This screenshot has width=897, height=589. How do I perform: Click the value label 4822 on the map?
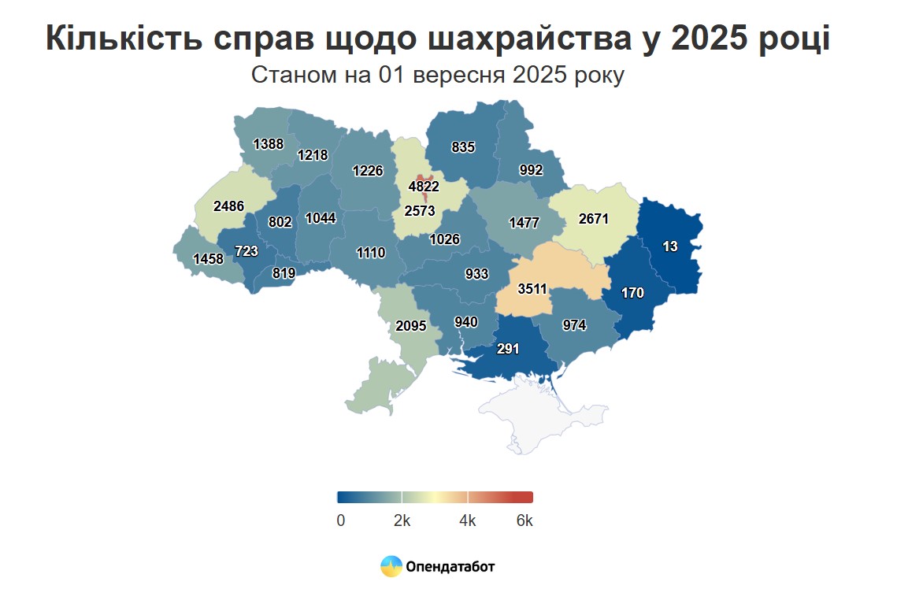[x=424, y=187]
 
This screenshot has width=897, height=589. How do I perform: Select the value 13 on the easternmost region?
[x=669, y=246]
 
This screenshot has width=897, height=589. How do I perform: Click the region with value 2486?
[x=228, y=206]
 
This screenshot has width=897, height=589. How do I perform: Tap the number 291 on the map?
[x=508, y=348]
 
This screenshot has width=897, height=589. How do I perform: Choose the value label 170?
[x=632, y=293]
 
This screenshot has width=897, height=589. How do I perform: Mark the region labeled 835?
[x=462, y=146]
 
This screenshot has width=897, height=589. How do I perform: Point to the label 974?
[x=575, y=324]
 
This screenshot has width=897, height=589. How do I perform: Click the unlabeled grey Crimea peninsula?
[x=536, y=413]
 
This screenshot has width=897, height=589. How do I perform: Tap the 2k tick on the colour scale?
[x=402, y=521]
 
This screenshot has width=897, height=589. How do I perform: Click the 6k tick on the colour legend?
[x=524, y=521]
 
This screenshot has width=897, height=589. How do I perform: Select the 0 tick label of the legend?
[x=340, y=521]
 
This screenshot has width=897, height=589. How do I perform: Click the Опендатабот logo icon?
[x=391, y=565]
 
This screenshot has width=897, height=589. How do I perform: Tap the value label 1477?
[x=524, y=223]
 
